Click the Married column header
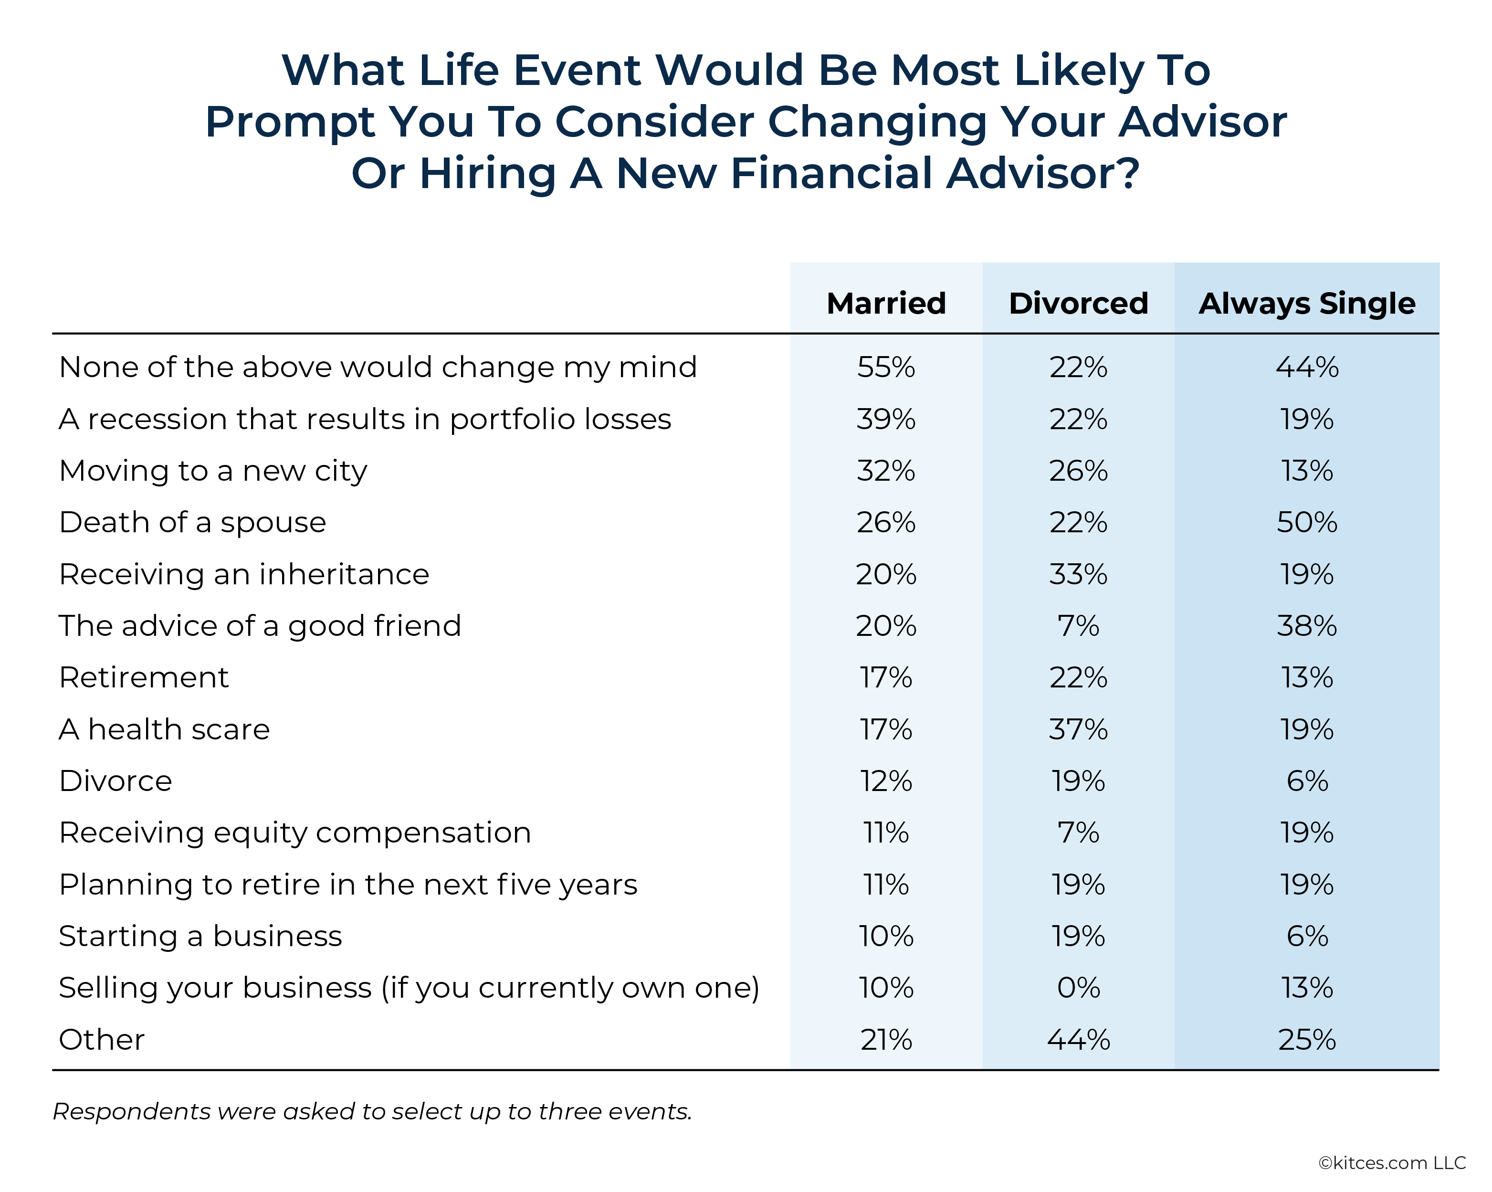click(x=886, y=303)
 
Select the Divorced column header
click(x=1078, y=303)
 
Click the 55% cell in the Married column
click(x=886, y=367)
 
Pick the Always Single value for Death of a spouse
click(x=1306, y=522)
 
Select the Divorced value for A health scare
click(x=1078, y=729)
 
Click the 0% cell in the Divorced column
click(x=1078, y=987)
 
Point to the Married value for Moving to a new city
click(x=886, y=471)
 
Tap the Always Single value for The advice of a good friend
click(x=1306, y=626)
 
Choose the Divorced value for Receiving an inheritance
click(x=1078, y=574)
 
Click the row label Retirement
click(x=144, y=677)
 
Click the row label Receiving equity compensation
click(x=295, y=833)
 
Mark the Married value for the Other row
click(x=886, y=1039)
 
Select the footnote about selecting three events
click(x=372, y=1111)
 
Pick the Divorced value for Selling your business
click(x=1078, y=987)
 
